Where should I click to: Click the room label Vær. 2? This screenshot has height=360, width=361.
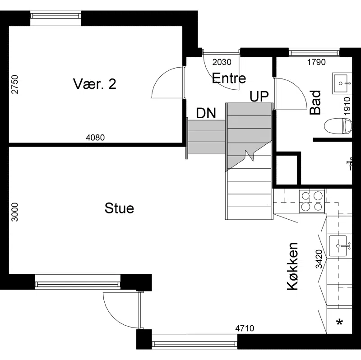pos(95,84)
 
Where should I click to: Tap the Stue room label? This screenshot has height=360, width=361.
pos(119,208)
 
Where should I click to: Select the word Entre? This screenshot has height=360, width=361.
pos(229,78)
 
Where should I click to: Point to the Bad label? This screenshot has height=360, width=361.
pos(315,102)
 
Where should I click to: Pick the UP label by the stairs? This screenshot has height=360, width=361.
pos(259,97)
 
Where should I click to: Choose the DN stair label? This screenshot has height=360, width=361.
pos(206,113)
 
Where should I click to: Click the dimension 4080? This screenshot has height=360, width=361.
pos(95,138)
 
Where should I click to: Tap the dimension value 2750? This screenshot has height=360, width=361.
pos(14,84)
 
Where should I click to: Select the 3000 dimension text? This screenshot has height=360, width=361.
pos(14,212)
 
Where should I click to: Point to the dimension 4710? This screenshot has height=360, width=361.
pos(245,328)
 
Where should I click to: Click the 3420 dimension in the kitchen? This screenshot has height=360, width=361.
pos(319,259)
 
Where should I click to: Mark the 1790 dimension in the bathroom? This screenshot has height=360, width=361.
pos(317,62)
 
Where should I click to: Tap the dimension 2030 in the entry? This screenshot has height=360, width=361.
pos(222,62)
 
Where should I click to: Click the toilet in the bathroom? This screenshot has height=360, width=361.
pos(338,126)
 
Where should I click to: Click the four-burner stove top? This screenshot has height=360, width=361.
pos(312,201)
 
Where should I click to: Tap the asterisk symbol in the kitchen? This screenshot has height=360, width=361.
pos(339,322)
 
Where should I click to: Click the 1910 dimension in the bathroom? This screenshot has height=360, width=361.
pos(347,106)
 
